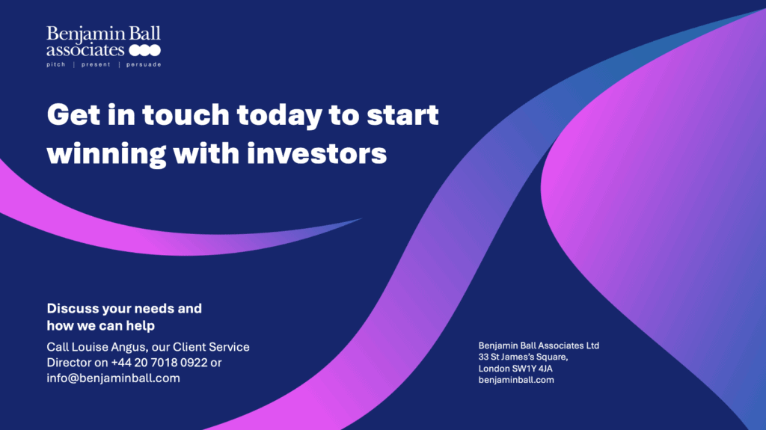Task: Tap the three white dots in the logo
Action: (x=144, y=51)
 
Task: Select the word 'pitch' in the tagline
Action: (x=56, y=65)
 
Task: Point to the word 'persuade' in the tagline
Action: (x=144, y=65)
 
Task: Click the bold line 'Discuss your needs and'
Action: (x=124, y=308)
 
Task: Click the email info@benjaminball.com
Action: (x=113, y=378)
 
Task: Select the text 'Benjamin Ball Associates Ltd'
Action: (x=539, y=345)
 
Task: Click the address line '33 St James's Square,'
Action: (x=523, y=357)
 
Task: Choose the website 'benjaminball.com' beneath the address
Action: (x=516, y=380)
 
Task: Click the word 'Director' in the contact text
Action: (x=67, y=363)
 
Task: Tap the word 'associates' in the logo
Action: (x=85, y=51)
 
